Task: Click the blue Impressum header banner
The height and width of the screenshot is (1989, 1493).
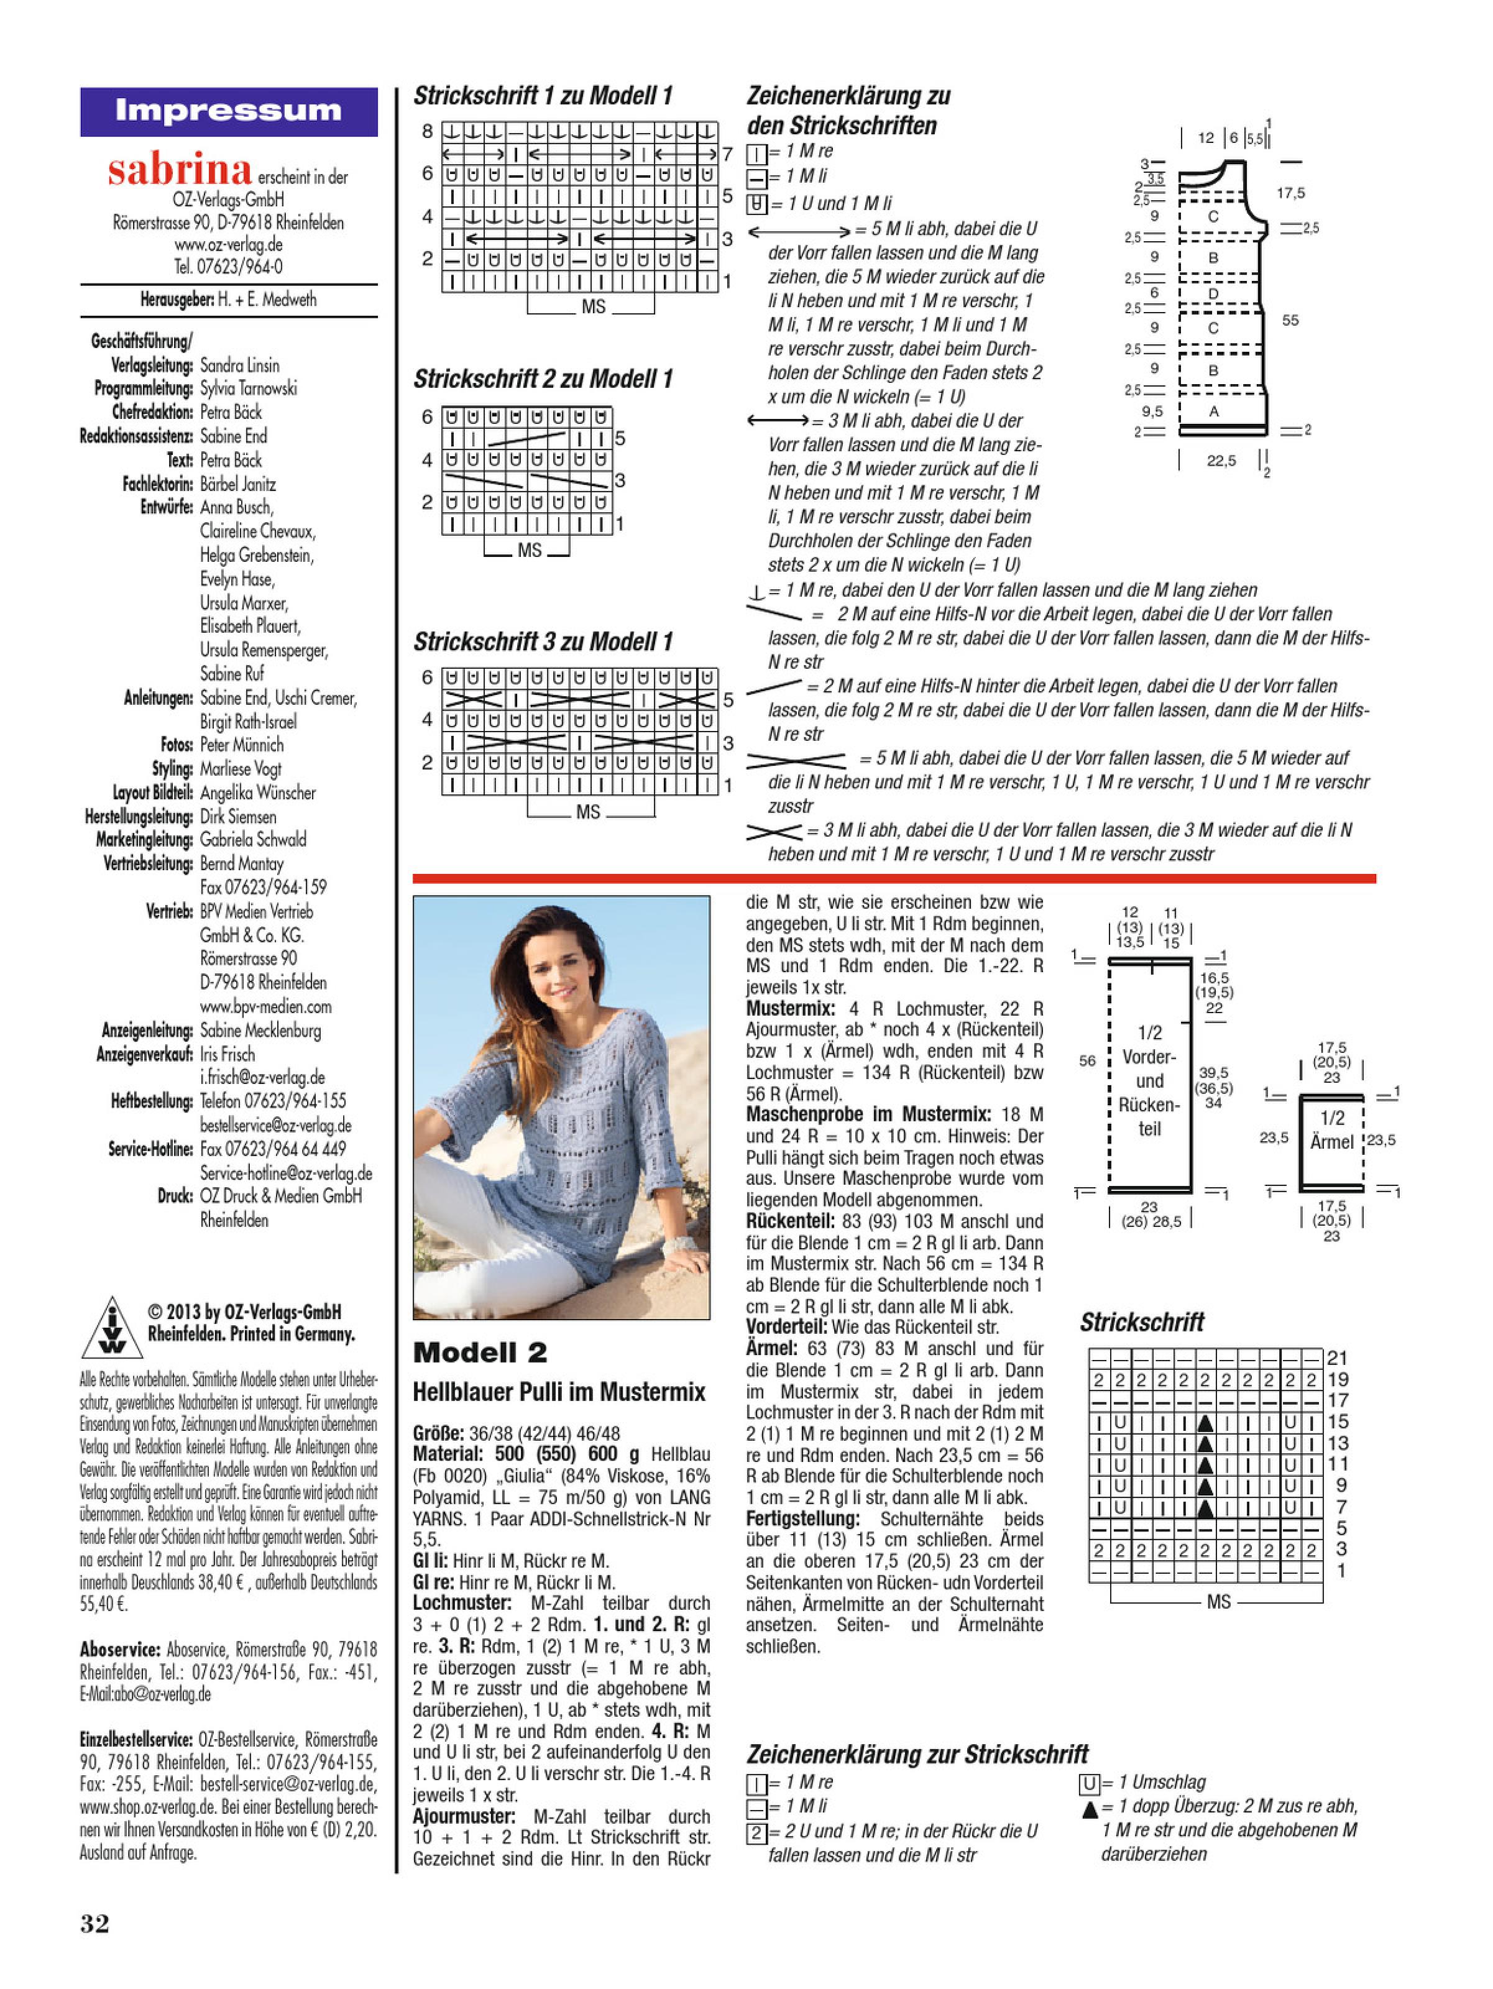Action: click(x=229, y=111)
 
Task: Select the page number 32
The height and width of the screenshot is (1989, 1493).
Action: click(x=94, y=1922)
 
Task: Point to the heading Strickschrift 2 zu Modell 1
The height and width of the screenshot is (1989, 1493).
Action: click(x=543, y=379)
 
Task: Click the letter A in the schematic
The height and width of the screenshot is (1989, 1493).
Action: click(x=1213, y=411)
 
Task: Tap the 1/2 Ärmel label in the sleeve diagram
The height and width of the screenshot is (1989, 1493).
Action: click(x=1332, y=1129)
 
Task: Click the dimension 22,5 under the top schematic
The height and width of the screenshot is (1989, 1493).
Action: click(x=1221, y=461)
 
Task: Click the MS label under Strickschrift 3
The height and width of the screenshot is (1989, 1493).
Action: click(x=587, y=812)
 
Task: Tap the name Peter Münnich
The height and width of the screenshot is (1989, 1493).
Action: click(x=241, y=745)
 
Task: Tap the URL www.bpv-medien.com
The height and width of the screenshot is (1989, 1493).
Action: click(x=265, y=1006)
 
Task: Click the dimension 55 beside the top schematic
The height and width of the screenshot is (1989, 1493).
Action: click(x=1290, y=320)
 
